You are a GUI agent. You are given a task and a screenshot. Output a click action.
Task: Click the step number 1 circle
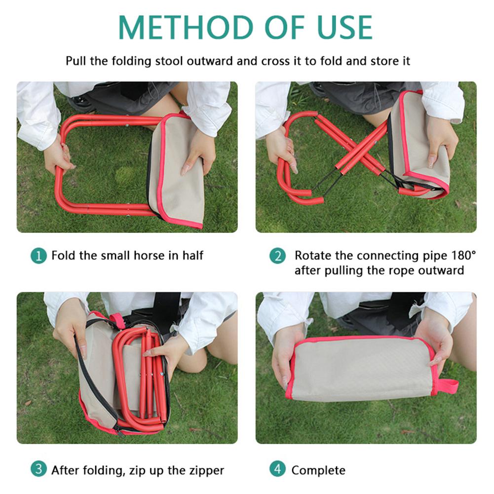coord(38,256)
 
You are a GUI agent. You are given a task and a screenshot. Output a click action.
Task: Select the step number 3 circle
coord(38,469)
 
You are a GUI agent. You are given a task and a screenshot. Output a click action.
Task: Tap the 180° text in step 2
coord(463,256)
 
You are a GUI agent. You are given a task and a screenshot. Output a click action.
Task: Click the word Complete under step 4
coord(318,470)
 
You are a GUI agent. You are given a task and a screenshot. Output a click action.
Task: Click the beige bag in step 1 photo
coord(178,170)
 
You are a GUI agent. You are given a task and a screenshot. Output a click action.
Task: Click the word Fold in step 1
coord(61,256)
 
